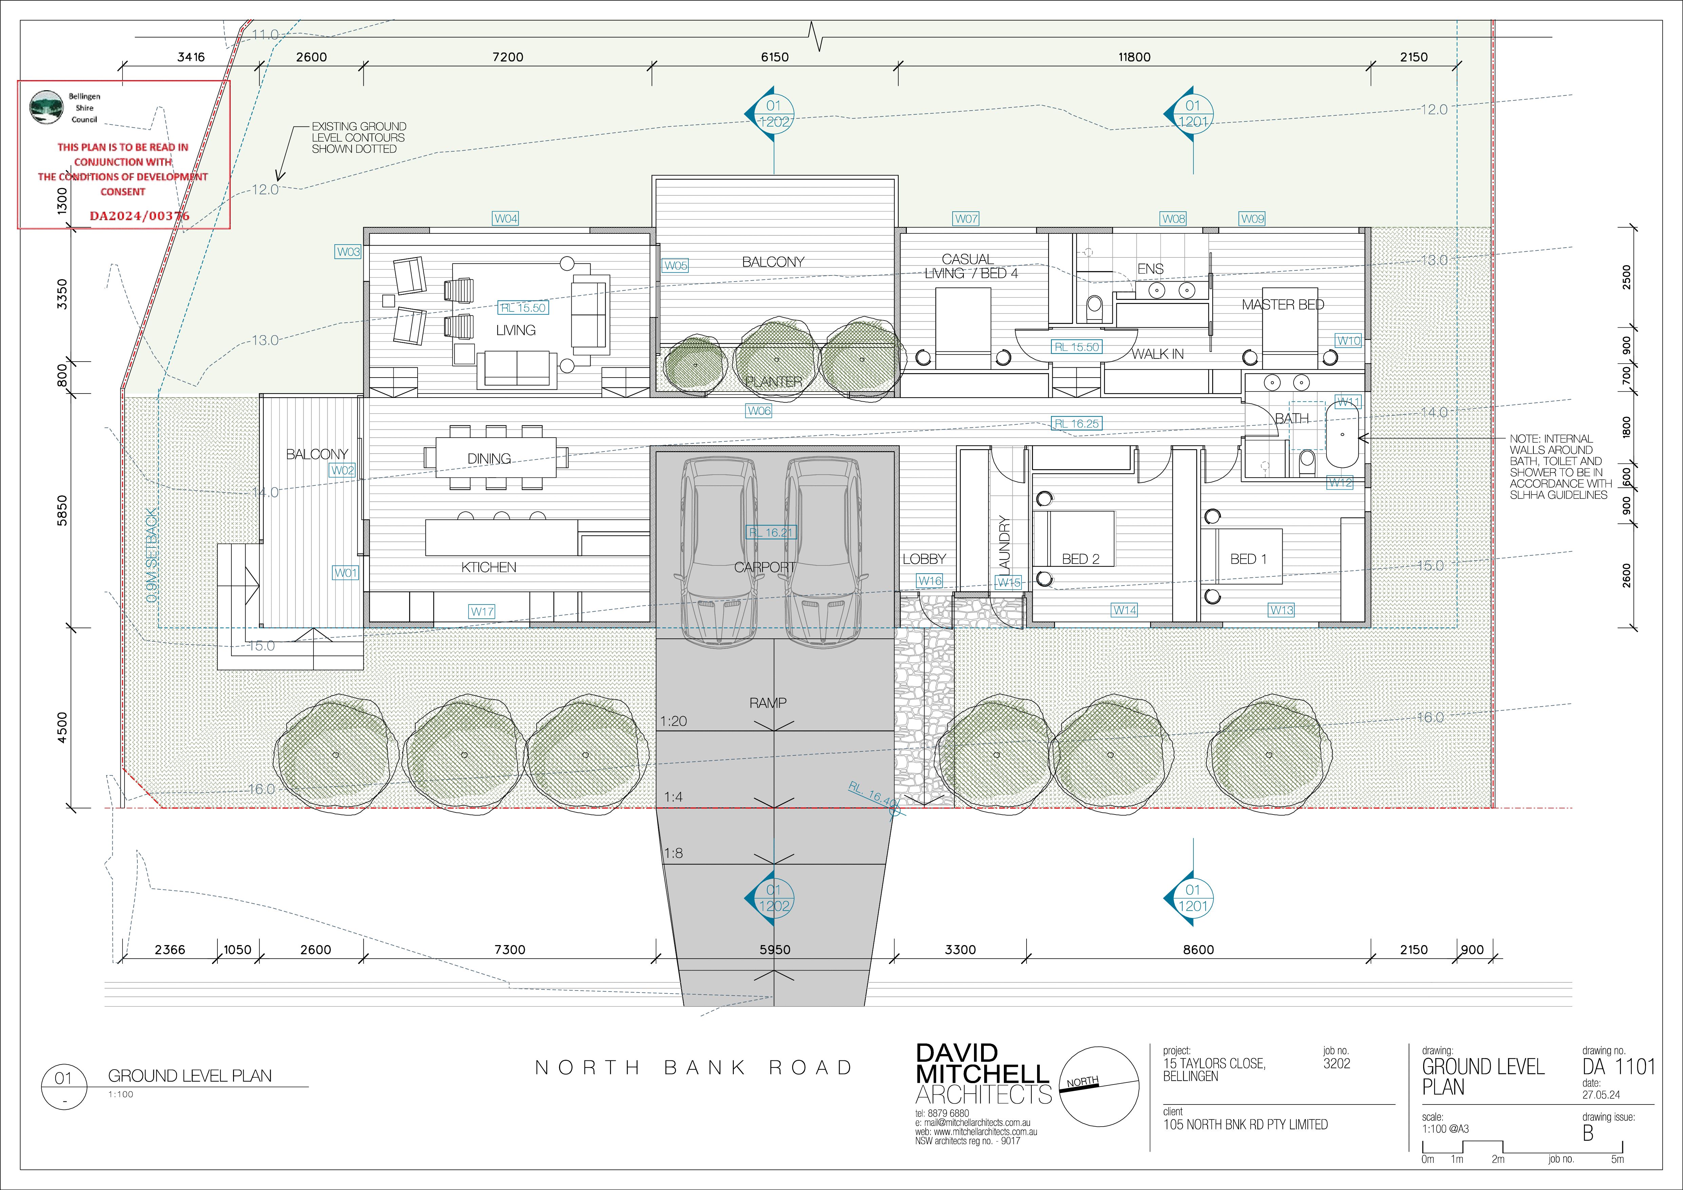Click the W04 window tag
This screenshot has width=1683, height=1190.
click(x=506, y=218)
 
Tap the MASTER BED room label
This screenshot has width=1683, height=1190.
click(x=1283, y=305)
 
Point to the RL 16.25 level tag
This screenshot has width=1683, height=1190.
click(x=1077, y=424)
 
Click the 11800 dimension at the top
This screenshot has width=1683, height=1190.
click(x=1134, y=57)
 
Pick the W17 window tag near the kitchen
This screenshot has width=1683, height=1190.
click(x=482, y=611)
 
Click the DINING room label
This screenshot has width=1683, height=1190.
click(x=489, y=459)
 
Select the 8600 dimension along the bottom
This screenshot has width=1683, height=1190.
click(x=1199, y=949)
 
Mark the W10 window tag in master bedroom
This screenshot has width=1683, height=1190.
click(x=1349, y=341)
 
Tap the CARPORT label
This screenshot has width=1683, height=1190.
click(x=765, y=567)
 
